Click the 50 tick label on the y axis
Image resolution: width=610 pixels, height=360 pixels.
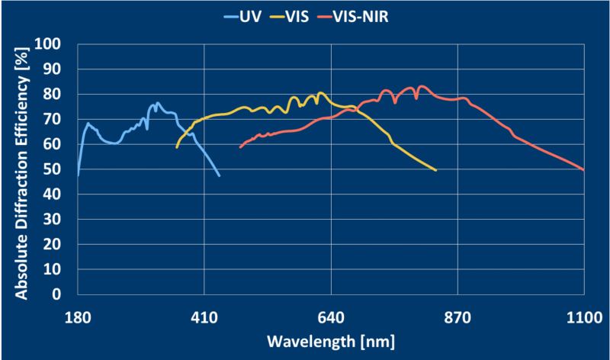pos(62,169)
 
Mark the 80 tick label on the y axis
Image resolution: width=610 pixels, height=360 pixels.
pos(62,95)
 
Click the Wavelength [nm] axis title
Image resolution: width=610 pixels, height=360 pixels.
pos(330,339)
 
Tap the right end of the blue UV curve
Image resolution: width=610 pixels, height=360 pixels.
pos(220,176)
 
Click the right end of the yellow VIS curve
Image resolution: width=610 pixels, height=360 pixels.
pos(436,170)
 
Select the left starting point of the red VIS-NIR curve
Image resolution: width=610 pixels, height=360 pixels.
pos(240,147)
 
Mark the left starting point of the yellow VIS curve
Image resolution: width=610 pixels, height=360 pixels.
pos(176,147)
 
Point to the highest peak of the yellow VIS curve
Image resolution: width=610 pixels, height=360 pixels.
pos(320,93)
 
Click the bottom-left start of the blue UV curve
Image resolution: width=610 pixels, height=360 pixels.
pos(78,175)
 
